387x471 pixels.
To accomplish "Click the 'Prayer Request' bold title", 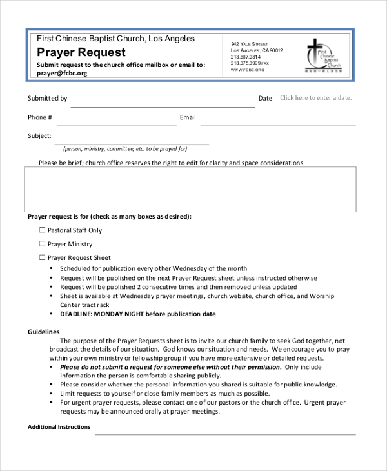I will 81,52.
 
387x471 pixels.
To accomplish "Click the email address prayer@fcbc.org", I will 62,74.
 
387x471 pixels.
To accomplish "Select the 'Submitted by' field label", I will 47,99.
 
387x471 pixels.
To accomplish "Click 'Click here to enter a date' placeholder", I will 315,98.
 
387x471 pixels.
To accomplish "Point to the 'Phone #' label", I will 40,117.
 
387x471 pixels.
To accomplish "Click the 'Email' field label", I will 188,117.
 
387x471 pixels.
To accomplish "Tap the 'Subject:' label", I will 39,136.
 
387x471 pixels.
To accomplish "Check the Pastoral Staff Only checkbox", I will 43,230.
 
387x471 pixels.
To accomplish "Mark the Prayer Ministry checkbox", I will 43,244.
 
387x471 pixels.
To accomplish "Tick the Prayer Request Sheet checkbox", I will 43,257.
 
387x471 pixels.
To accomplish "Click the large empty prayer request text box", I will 190,189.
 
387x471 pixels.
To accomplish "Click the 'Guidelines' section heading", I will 43,332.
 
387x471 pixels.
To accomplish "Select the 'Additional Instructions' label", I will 59,427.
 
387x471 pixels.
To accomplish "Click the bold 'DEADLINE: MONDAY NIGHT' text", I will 137,314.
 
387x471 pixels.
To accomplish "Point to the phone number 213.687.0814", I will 245,57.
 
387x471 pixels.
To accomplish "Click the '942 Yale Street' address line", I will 249,43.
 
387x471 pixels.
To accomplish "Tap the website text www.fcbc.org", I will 248,70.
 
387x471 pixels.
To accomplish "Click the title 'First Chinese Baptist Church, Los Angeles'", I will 115,39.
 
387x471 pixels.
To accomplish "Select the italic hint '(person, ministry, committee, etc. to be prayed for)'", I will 125,148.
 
